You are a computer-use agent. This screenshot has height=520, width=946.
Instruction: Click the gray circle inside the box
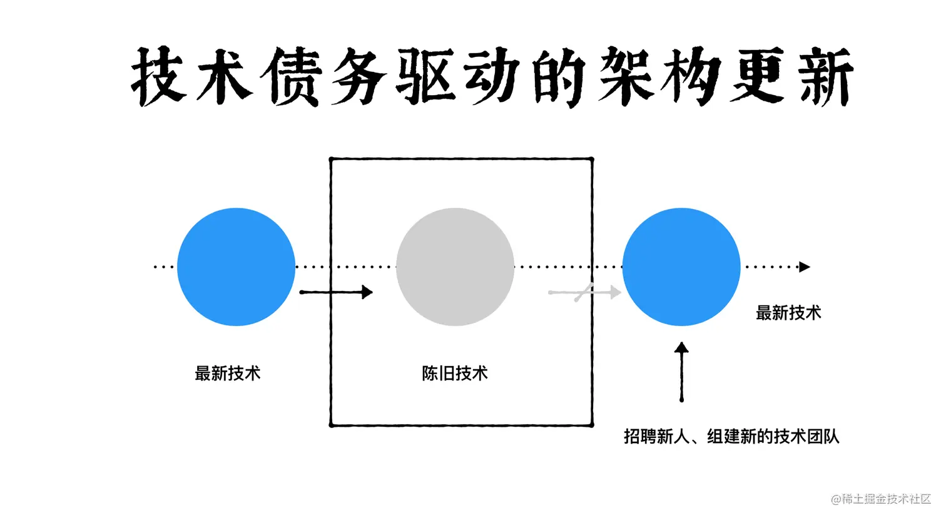click(x=455, y=267)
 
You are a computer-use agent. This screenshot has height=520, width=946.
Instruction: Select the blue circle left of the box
click(x=236, y=267)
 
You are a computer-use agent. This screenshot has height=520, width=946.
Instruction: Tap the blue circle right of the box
click(x=681, y=267)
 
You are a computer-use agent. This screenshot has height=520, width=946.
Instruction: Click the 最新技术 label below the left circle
click(x=227, y=374)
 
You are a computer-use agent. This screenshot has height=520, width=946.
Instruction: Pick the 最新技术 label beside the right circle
click(x=788, y=313)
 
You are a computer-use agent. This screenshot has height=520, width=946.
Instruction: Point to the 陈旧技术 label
click(x=455, y=374)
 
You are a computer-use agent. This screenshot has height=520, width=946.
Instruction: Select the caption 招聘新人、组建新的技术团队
click(x=731, y=436)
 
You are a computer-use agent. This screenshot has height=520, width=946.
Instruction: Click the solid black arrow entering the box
click(x=336, y=292)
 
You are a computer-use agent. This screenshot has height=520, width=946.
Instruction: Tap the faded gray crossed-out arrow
click(x=584, y=292)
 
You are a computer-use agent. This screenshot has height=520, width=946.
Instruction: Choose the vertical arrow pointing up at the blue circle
click(x=681, y=372)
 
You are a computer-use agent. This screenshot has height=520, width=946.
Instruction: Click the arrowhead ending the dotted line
click(x=805, y=267)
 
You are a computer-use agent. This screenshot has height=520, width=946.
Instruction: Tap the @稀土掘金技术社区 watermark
click(x=881, y=499)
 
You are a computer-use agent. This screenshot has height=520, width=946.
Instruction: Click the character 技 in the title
click(x=159, y=76)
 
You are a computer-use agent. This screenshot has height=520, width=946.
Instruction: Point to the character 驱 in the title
click(x=426, y=76)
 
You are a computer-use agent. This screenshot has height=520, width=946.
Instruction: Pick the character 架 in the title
click(x=626, y=76)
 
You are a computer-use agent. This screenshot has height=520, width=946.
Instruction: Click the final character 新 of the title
click(x=825, y=76)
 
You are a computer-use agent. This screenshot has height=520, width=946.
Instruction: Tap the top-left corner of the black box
click(x=331, y=160)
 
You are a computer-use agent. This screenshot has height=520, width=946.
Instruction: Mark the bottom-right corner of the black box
click(x=592, y=425)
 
